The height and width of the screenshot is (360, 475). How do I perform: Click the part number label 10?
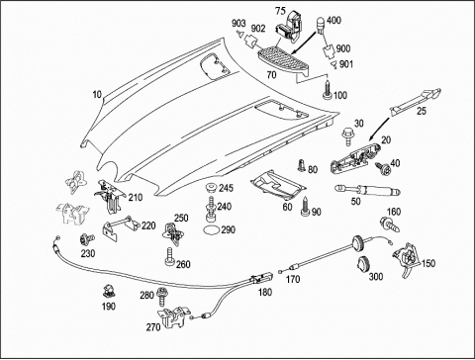click(x=97, y=95)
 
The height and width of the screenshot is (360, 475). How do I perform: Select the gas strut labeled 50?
click(x=367, y=190)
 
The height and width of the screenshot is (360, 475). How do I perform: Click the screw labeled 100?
click(x=328, y=89)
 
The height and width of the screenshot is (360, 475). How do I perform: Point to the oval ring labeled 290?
click(x=211, y=229)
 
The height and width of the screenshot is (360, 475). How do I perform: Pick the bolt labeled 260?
click(x=169, y=257)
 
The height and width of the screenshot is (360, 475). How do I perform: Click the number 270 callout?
click(x=153, y=326)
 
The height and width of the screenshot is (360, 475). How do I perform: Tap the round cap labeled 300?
click(x=363, y=264)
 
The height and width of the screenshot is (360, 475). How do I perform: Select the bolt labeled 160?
click(x=390, y=224)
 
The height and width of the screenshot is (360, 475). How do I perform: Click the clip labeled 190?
click(x=109, y=291)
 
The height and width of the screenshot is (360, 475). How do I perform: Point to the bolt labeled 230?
click(x=87, y=239)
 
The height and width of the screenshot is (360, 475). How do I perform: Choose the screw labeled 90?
click(x=306, y=207)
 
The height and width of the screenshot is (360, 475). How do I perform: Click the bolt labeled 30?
click(x=346, y=135)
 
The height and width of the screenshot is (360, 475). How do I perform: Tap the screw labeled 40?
click(x=383, y=168)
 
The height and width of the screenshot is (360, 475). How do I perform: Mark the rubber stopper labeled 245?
click(x=210, y=188)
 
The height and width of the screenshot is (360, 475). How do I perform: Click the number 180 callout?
click(x=265, y=292)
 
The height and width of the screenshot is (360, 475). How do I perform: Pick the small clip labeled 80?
click(x=301, y=165)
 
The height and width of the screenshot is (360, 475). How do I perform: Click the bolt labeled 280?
click(x=162, y=297)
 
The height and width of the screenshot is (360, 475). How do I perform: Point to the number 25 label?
click(x=422, y=111)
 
